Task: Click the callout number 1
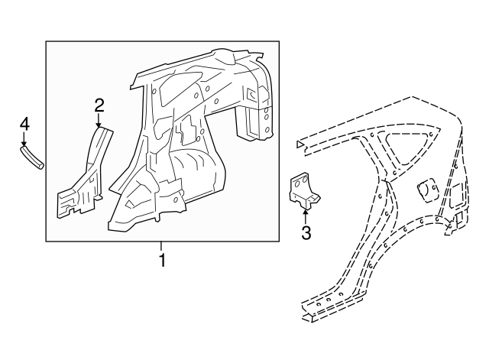coord(162,261)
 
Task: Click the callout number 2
coord(99,105)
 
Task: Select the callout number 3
coord(306,232)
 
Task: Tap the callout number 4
coord(24,124)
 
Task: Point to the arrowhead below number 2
coord(99,125)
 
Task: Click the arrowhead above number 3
coord(306,212)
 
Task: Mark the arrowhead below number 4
coord(24,143)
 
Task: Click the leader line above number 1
coord(161,247)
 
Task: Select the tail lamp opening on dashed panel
coord(455,196)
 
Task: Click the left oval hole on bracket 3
coord(296,183)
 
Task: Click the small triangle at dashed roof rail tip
coord(300,144)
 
